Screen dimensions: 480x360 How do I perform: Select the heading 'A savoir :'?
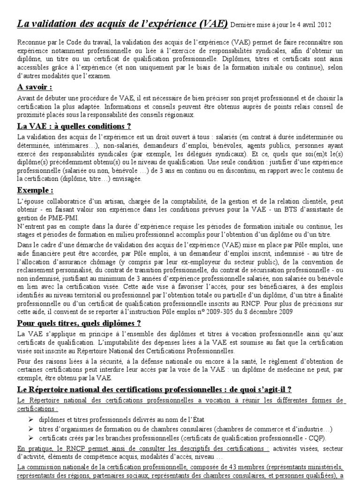click(35, 87)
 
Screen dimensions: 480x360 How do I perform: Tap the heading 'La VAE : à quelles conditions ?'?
click(74, 126)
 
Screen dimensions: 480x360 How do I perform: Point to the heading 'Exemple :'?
click(35, 191)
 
